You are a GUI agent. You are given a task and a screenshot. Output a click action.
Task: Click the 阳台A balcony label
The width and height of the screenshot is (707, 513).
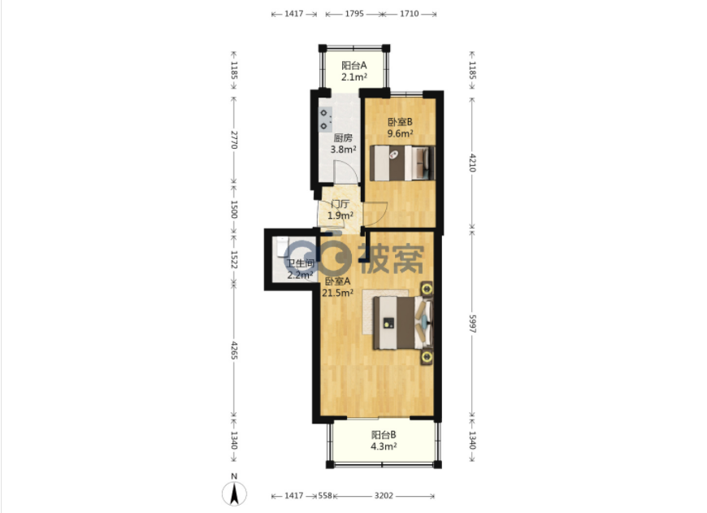354,65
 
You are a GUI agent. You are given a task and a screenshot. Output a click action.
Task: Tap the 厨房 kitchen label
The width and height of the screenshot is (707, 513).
343,138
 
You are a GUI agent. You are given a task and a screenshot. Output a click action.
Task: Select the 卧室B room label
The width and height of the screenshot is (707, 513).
400,122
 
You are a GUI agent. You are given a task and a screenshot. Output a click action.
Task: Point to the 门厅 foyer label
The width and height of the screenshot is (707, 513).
340,204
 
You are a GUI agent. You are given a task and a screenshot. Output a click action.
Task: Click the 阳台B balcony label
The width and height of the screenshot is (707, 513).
384,435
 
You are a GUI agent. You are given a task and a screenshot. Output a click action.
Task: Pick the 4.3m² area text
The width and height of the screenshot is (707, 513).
384,446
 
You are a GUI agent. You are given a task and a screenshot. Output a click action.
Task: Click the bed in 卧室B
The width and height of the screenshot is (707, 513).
402,163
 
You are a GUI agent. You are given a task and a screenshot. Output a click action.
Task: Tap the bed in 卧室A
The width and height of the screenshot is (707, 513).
402,323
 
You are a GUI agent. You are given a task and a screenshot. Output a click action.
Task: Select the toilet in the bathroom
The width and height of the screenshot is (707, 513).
283,247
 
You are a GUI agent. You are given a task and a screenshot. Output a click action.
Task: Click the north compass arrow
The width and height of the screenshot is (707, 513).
234,493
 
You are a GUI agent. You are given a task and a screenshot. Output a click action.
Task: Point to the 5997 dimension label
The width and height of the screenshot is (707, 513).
472,324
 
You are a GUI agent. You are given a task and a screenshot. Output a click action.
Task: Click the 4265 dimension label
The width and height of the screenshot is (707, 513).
234,350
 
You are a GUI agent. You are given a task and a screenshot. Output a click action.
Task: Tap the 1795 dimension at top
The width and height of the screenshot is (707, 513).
354,14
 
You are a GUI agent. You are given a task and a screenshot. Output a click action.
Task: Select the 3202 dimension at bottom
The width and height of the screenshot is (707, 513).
384,496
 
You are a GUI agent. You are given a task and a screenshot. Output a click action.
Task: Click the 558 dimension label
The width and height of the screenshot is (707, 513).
325,496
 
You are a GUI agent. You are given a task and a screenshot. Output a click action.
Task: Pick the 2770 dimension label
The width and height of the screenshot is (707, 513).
234,139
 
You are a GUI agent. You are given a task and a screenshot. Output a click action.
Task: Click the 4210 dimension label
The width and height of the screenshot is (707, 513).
472,163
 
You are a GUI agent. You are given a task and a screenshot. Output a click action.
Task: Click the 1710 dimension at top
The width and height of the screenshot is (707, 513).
410,14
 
